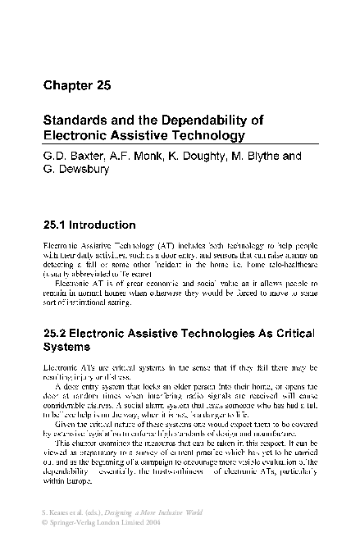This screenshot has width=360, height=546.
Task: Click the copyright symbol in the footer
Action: pos(45,522)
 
